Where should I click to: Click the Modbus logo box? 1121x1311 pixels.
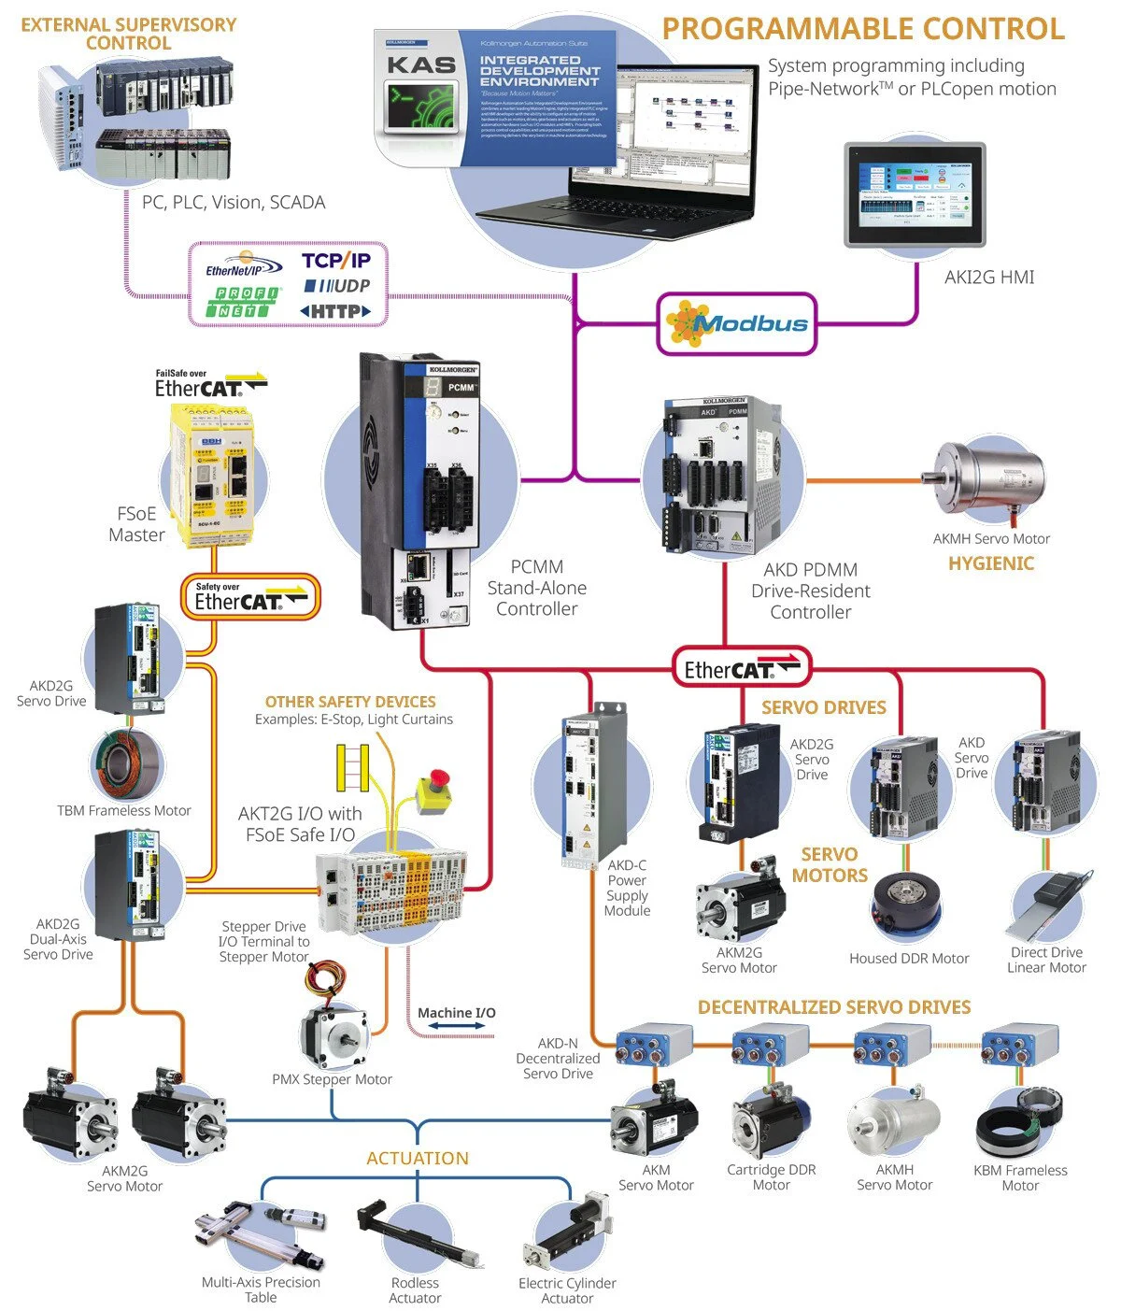coord(737,324)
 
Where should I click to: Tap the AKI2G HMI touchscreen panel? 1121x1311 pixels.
coord(915,194)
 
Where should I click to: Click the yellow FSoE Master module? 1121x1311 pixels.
coord(211,475)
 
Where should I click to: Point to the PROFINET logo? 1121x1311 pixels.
coord(243,302)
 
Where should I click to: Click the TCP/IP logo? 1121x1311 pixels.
coord(335,261)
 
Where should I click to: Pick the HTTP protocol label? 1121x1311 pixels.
coord(335,311)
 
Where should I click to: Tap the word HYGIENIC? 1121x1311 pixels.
coord(991,563)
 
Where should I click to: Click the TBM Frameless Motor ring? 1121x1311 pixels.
coord(126,763)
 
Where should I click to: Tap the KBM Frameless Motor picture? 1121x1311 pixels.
coord(1021,1121)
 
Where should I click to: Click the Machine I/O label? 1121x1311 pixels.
coord(456,1013)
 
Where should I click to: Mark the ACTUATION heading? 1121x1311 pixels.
coord(417,1158)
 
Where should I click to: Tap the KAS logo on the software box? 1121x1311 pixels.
coord(421,65)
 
